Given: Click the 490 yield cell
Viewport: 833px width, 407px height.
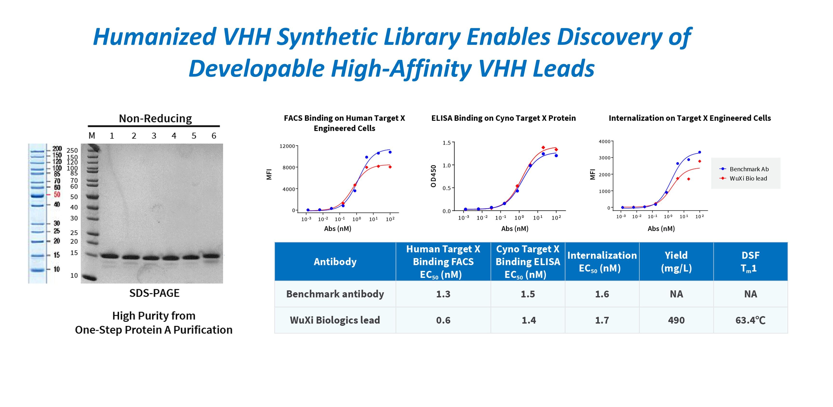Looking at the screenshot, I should (x=676, y=320).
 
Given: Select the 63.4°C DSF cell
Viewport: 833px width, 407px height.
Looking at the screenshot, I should (x=750, y=320).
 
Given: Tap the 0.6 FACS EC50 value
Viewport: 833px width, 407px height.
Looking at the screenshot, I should (x=443, y=320).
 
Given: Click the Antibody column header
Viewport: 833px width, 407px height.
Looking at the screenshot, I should (x=335, y=261).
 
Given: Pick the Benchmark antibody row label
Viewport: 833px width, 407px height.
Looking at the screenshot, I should (x=335, y=294).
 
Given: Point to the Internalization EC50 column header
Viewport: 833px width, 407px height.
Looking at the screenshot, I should (x=602, y=261).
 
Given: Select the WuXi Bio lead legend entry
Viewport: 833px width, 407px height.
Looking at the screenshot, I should (x=748, y=178).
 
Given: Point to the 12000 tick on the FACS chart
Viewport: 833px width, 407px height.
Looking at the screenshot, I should (x=287, y=146).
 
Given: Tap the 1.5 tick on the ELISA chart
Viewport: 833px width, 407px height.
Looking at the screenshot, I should (x=446, y=143).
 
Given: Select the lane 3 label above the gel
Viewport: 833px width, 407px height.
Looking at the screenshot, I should (x=154, y=136).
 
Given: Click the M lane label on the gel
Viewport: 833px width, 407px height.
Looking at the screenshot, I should (x=92, y=136).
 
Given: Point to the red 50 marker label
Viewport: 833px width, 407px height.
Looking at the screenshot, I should (x=57, y=194).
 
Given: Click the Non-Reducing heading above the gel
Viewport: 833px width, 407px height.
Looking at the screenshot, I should (x=155, y=118).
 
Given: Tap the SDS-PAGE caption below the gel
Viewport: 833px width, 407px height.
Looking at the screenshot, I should (x=154, y=293).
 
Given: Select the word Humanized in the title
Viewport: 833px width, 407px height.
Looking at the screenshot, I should (x=155, y=37).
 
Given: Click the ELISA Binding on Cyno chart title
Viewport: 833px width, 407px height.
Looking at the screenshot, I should (x=504, y=118).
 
